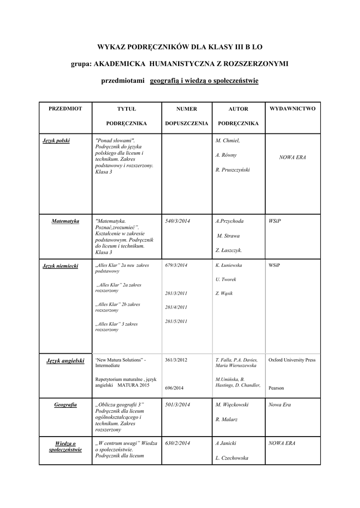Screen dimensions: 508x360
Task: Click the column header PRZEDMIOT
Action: (x=66, y=108)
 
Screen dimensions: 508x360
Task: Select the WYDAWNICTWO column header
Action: (x=292, y=108)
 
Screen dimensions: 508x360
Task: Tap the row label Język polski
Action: (x=56, y=141)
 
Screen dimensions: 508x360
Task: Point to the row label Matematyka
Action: (x=66, y=221)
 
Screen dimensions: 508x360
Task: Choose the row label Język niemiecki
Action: (x=61, y=266)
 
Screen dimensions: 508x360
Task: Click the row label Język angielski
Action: (x=66, y=361)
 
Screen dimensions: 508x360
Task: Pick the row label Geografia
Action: (x=66, y=405)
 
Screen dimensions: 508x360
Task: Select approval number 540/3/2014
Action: (x=177, y=221)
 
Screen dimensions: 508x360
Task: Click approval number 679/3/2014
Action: (x=176, y=265)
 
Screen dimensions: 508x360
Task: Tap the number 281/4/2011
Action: (x=176, y=307)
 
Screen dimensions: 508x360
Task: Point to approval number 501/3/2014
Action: (x=177, y=405)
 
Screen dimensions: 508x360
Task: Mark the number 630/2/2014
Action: (x=177, y=443)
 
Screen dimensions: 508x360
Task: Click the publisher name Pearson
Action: (x=277, y=388)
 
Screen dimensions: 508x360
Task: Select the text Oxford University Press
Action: (x=292, y=360)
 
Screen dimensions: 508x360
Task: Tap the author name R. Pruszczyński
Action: (x=233, y=170)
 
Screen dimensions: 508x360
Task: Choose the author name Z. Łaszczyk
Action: (x=229, y=251)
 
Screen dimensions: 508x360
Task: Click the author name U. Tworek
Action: (x=226, y=279)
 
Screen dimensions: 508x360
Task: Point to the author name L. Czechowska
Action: (x=232, y=458)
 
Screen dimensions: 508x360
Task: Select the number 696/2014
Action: (x=174, y=388)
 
